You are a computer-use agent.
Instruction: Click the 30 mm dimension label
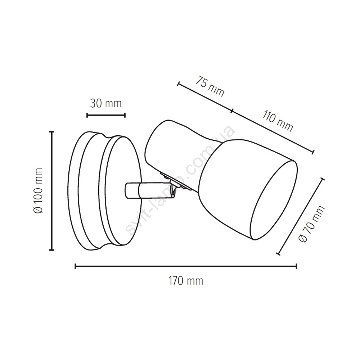pyautogui.click(x=105, y=104)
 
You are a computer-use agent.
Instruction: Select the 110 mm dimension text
pyautogui.click(x=278, y=121)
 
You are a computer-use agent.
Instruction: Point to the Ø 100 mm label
pyautogui.click(x=38, y=190)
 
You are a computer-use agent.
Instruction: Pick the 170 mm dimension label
pyautogui.click(x=186, y=281)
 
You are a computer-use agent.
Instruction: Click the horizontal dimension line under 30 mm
pyautogui.click(x=106, y=115)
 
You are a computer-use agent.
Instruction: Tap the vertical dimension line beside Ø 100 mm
pyautogui.click(x=52, y=190)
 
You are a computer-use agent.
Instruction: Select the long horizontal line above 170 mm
pyautogui.click(x=186, y=266)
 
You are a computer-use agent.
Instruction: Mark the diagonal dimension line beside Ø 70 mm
pyautogui.click(x=301, y=216)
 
